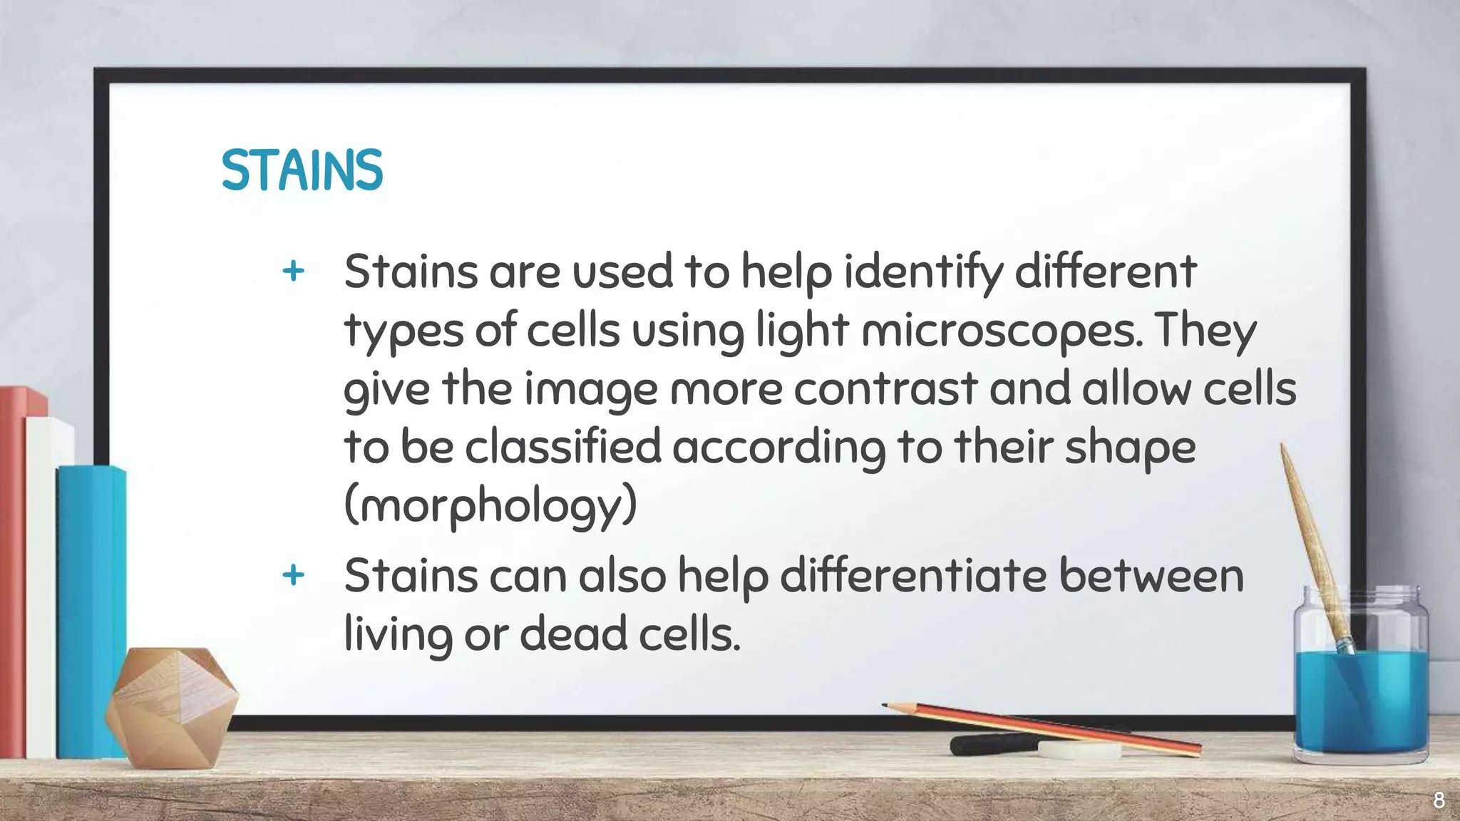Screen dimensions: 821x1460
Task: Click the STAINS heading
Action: tap(302, 170)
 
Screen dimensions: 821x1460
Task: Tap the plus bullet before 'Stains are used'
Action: tap(293, 271)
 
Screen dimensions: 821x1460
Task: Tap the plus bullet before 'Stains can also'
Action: tap(293, 574)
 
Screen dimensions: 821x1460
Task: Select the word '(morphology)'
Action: tap(490, 506)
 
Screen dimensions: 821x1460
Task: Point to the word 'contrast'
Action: tap(885, 390)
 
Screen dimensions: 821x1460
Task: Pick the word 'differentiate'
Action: tap(913, 576)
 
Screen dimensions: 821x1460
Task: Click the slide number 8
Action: tap(1439, 800)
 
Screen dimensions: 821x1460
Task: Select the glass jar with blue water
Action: tap(1360, 684)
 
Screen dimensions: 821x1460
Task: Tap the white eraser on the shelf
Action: tap(1079, 750)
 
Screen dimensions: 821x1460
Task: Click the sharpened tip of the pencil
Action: tap(886, 706)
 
